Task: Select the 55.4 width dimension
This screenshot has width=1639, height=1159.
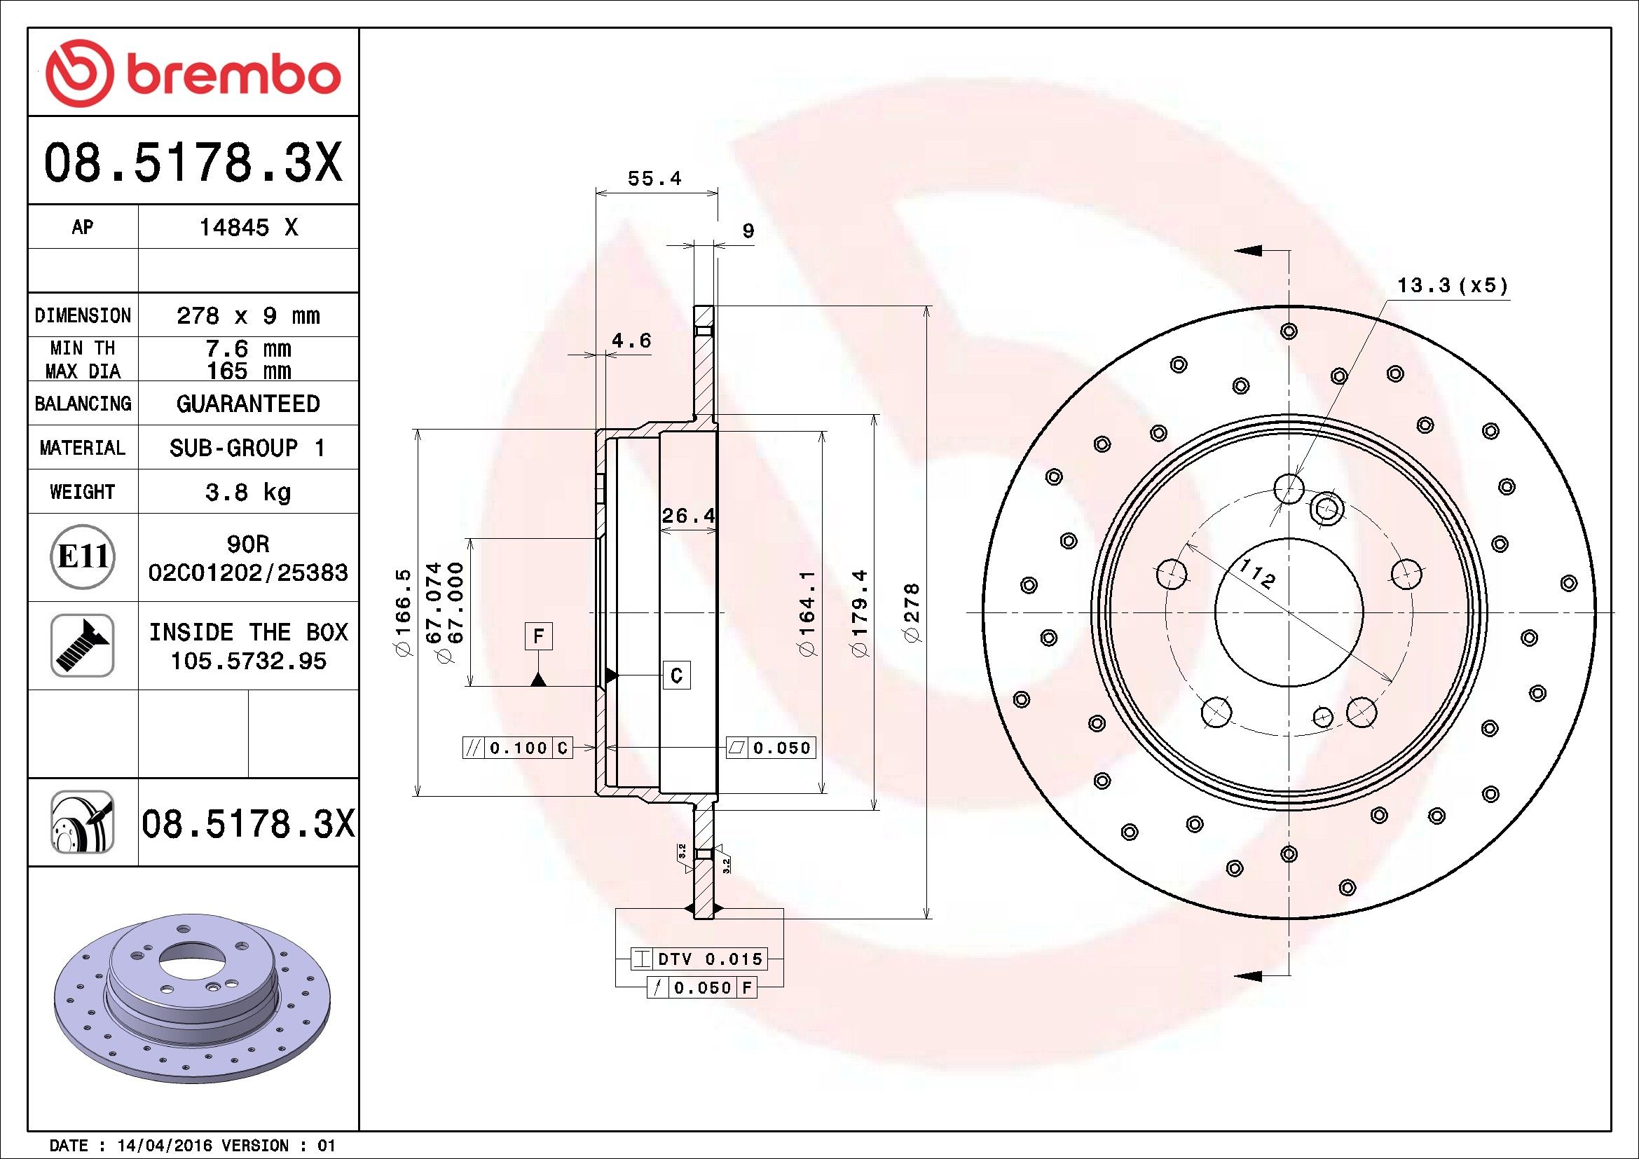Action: [x=654, y=179]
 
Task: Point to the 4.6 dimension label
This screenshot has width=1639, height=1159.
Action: [x=632, y=341]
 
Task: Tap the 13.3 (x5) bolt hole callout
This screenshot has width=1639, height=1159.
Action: [x=1453, y=285]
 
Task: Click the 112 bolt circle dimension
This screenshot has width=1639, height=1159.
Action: [x=1256, y=573]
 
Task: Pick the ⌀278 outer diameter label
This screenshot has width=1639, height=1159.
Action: [x=912, y=613]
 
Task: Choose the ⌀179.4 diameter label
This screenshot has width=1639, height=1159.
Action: [x=859, y=612]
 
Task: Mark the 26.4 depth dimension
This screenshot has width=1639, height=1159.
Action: [x=688, y=515]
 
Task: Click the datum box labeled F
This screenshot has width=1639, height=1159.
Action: [x=539, y=635]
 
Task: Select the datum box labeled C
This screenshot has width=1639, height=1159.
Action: [x=677, y=674]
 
